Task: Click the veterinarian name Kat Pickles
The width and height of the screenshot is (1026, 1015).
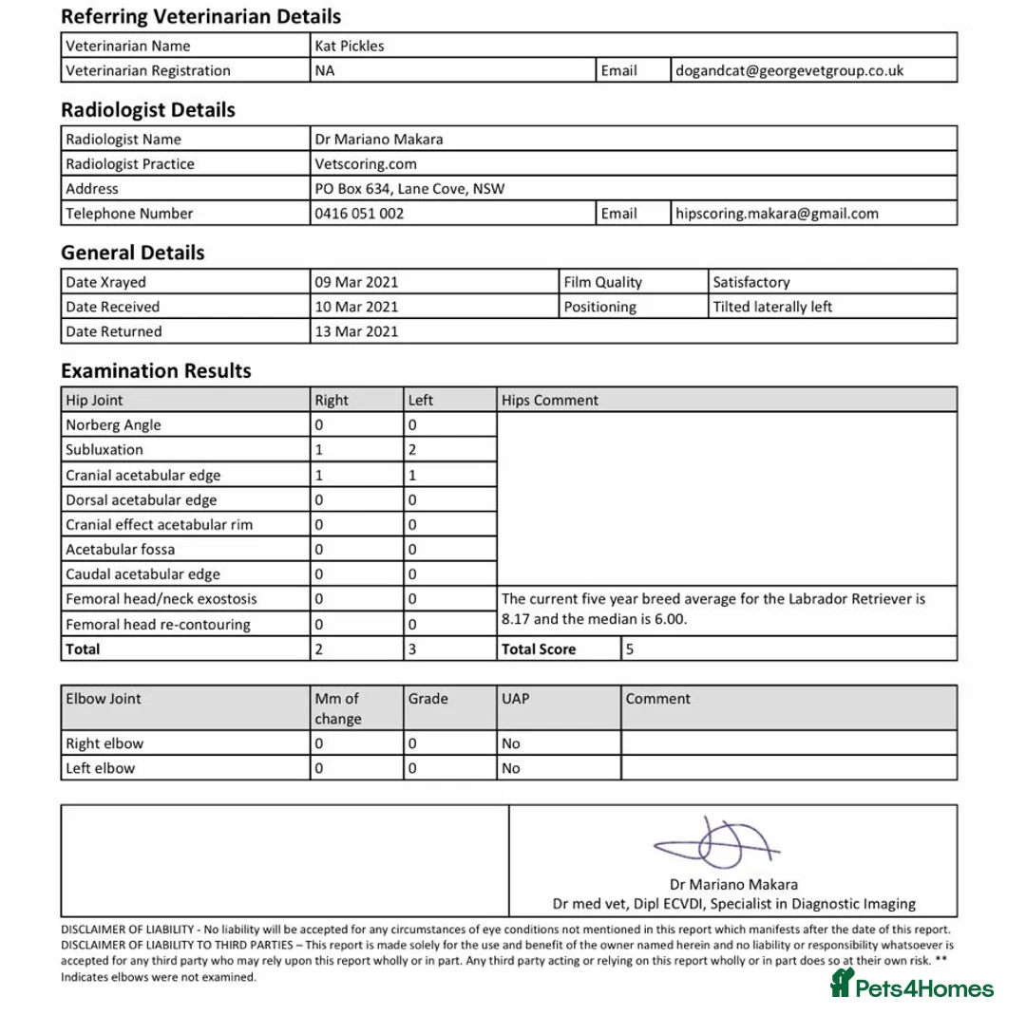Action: click(350, 46)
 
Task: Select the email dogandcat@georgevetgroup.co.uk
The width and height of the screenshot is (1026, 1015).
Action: click(788, 70)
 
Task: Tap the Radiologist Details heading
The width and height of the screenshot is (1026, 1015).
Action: click(147, 110)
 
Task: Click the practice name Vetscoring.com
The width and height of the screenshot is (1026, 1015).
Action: click(366, 163)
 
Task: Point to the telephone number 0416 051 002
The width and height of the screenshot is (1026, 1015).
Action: click(359, 214)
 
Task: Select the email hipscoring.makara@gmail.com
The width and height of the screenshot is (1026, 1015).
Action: click(776, 214)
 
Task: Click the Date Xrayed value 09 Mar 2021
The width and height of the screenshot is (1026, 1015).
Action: click(356, 282)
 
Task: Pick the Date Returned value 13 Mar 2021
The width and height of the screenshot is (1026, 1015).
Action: click(356, 331)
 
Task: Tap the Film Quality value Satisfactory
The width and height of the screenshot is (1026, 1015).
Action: click(750, 282)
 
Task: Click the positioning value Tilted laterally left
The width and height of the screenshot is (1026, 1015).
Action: click(772, 307)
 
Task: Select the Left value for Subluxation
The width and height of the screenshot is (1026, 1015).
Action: click(412, 450)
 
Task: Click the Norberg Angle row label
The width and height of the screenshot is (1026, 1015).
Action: click(113, 425)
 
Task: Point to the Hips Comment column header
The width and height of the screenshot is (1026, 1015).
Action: click(550, 400)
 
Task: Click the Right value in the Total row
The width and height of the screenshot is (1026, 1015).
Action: click(319, 649)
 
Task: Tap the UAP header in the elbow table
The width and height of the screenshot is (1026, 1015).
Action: click(516, 699)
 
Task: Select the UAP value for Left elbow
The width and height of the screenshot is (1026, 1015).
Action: click(511, 768)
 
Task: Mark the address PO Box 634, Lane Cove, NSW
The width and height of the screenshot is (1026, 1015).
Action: click(409, 189)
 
